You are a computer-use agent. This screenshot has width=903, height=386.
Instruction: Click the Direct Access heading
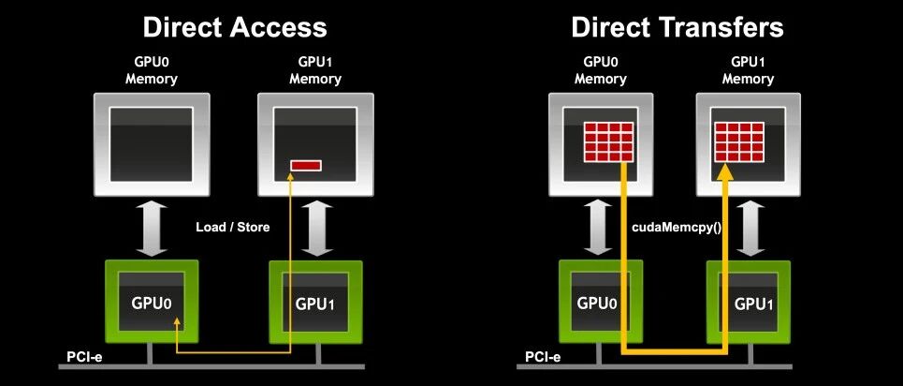[235, 27]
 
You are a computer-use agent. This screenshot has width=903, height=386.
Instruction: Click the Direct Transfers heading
[677, 27]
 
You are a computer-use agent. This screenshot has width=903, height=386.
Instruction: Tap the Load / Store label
[233, 227]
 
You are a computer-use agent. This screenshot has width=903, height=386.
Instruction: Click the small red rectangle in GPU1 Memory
[305, 166]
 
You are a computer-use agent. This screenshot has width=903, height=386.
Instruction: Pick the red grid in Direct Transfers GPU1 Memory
[739, 141]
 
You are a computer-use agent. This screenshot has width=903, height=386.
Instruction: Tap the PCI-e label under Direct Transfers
[543, 357]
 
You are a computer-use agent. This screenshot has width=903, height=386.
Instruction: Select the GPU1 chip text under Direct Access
[315, 304]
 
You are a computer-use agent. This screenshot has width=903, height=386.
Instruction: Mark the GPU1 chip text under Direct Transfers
[754, 304]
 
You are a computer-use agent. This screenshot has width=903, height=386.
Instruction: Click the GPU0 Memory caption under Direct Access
[152, 70]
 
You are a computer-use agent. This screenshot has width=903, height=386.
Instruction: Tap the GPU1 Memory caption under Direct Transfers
[748, 70]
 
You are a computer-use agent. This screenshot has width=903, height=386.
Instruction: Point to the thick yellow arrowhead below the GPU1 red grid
[725, 171]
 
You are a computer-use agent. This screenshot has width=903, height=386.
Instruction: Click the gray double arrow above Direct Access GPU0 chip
[152, 229]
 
